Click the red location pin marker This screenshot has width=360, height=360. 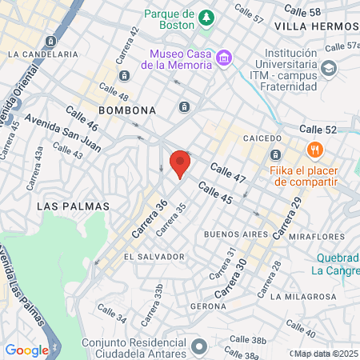(x=180, y=163)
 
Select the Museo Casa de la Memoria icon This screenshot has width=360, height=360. (x=225, y=58)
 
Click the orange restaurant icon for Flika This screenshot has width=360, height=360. (x=314, y=150)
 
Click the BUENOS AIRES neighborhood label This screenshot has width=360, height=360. (x=234, y=234)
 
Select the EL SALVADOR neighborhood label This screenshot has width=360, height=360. (x=154, y=257)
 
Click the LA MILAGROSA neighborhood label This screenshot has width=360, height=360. (x=303, y=296)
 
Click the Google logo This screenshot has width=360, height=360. (x=27, y=350)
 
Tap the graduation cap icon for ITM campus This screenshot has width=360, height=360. (x=329, y=69)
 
